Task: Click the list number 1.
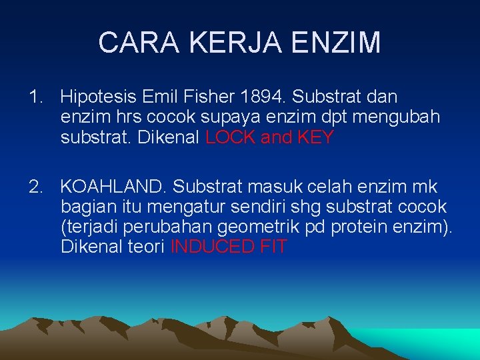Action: tap(35, 97)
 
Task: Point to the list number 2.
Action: tap(35, 187)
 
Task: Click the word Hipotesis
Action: tap(98, 97)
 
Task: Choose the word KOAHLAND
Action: tap(113, 187)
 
